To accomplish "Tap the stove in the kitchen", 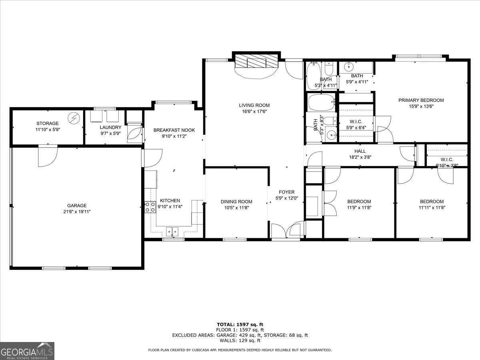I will point(150,206).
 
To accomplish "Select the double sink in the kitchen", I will point(172,231).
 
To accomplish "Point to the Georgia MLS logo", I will point(27,351).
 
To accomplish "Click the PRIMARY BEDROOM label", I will point(421,100).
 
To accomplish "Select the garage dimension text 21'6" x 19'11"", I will point(77,212).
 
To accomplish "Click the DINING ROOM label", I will point(236,202).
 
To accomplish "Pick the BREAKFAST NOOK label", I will point(174,130).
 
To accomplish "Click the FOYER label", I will point(286,192).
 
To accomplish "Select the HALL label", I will point(360,151).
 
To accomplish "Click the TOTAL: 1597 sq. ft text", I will point(240,324).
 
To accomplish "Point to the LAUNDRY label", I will point(110,128).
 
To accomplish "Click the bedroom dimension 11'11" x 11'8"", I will point(432,207).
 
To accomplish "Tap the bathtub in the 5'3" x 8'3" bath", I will point(321,102).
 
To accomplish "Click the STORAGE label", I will point(48,124).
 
